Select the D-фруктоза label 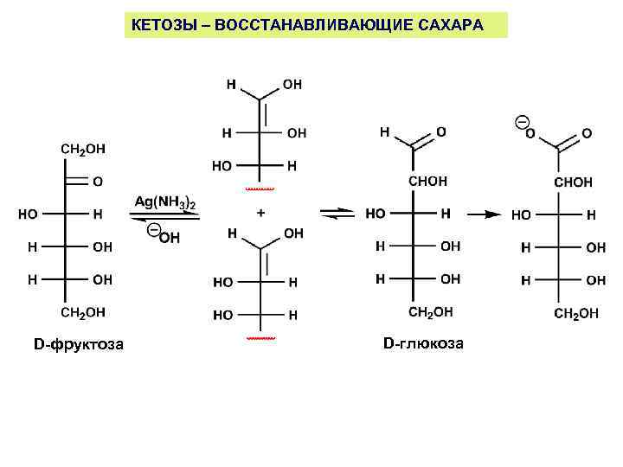coord(79,345)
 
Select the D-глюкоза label coord(423,343)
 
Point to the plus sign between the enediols coord(260,211)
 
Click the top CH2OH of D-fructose coord(83,149)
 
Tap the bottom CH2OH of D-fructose coord(83,311)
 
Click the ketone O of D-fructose coord(96,182)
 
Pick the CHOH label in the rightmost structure coord(573,182)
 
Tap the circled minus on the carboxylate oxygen coord(522,119)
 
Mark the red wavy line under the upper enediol coord(260,187)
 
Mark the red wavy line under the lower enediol coord(260,338)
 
